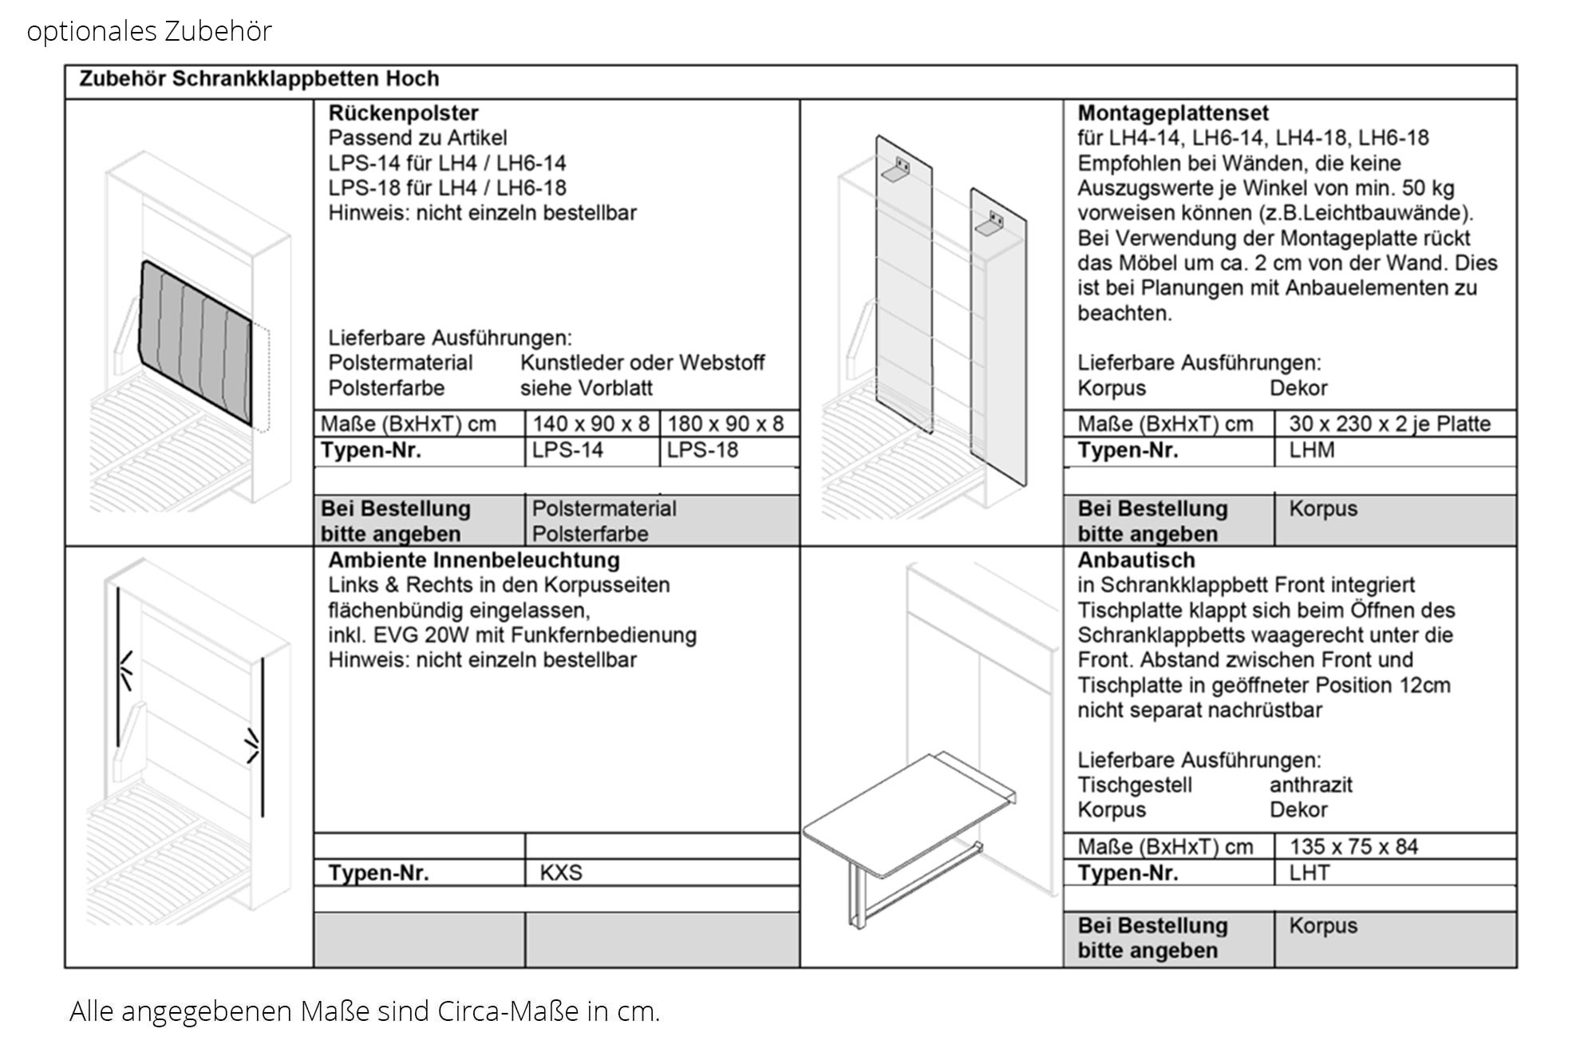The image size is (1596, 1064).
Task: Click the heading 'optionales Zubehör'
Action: point(149,31)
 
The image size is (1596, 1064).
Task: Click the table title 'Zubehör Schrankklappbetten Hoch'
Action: point(259,79)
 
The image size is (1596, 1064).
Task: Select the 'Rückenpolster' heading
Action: point(403,113)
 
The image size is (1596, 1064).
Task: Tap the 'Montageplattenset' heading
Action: point(1172,113)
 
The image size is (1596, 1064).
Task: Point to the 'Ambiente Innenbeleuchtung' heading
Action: point(474,560)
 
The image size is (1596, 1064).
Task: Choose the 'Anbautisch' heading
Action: point(1136,560)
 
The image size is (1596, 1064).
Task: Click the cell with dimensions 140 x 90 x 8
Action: point(591,424)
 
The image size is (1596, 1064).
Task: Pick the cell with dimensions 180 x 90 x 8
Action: point(725,424)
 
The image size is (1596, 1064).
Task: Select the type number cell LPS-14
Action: point(567,450)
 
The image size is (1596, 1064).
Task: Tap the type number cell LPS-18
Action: point(702,450)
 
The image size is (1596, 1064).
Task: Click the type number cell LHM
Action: point(1311,450)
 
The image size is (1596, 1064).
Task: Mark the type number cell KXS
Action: point(561,872)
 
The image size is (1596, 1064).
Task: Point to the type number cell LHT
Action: point(1310,872)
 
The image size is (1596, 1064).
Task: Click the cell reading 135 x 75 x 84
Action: point(1353,847)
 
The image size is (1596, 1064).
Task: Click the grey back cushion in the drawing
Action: point(196,339)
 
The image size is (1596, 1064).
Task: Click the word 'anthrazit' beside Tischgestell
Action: point(1311,785)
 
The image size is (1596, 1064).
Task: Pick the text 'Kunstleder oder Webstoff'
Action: point(642,363)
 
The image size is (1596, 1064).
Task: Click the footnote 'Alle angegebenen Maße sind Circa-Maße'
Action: point(365,1011)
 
